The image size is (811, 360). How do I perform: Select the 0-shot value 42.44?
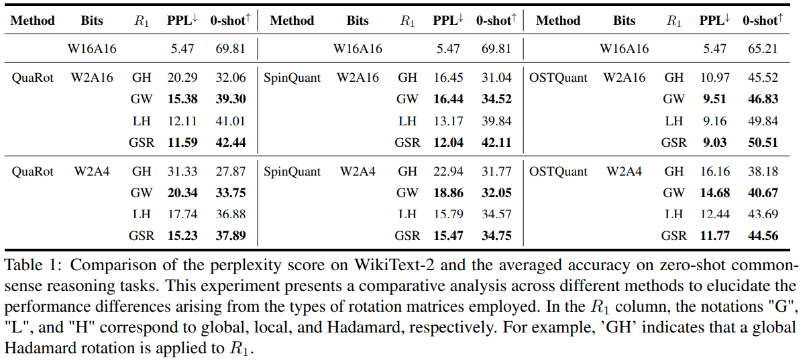pyautogui.click(x=230, y=142)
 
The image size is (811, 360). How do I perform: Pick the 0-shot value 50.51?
pyautogui.click(x=763, y=142)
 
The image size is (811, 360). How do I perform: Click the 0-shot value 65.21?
pyautogui.click(x=763, y=49)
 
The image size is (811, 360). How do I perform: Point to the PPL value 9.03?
pyautogui.click(x=713, y=142)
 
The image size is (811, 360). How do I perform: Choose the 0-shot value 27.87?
pyautogui.click(x=230, y=172)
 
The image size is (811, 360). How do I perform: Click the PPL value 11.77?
pyautogui.click(x=713, y=235)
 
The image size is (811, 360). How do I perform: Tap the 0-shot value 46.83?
pyautogui.click(x=763, y=99)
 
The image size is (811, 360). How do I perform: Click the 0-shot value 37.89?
pyautogui.click(x=230, y=235)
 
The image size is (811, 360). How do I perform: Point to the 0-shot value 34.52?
pyautogui.click(x=496, y=99)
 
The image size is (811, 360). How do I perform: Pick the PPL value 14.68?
pyautogui.click(x=713, y=193)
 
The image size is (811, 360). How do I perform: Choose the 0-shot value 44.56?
pyautogui.click(x=763, y=235)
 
